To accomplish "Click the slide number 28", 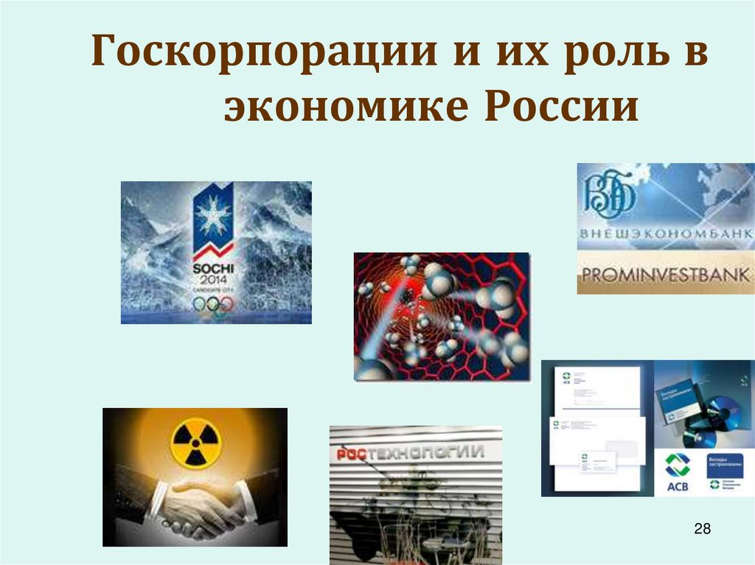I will [702, 528].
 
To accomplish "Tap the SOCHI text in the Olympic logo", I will [213, 269].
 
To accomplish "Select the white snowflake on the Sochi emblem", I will [212, 214].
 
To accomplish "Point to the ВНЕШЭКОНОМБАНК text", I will [665, 234].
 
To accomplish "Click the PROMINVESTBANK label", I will [665, 276].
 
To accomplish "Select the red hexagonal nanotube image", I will [442, 317].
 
